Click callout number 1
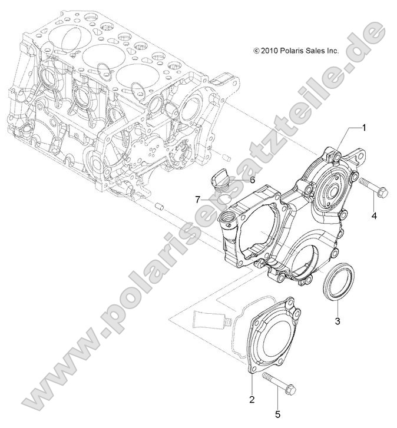click(x=364, y=127)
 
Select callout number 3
click(x=338, y=321)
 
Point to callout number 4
click(x=373, y=215)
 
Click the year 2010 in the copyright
click(x=270, y=51)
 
